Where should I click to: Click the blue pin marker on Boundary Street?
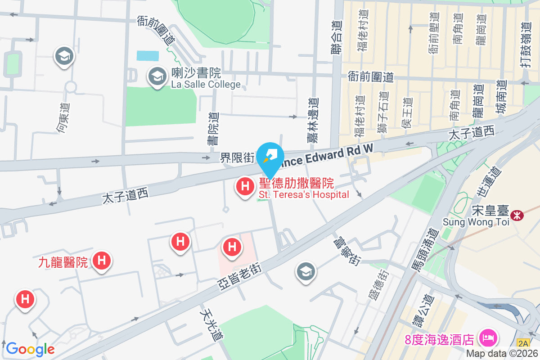pos(270,156)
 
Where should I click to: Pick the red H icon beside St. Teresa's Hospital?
pos(245,186)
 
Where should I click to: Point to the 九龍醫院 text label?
pos(63,262)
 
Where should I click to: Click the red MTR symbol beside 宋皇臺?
pos(518,215)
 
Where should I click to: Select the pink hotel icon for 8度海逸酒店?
pos(488,337)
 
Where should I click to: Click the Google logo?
pos(30,349)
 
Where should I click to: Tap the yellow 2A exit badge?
pos(523,343)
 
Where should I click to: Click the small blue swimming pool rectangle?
pos(148,56)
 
